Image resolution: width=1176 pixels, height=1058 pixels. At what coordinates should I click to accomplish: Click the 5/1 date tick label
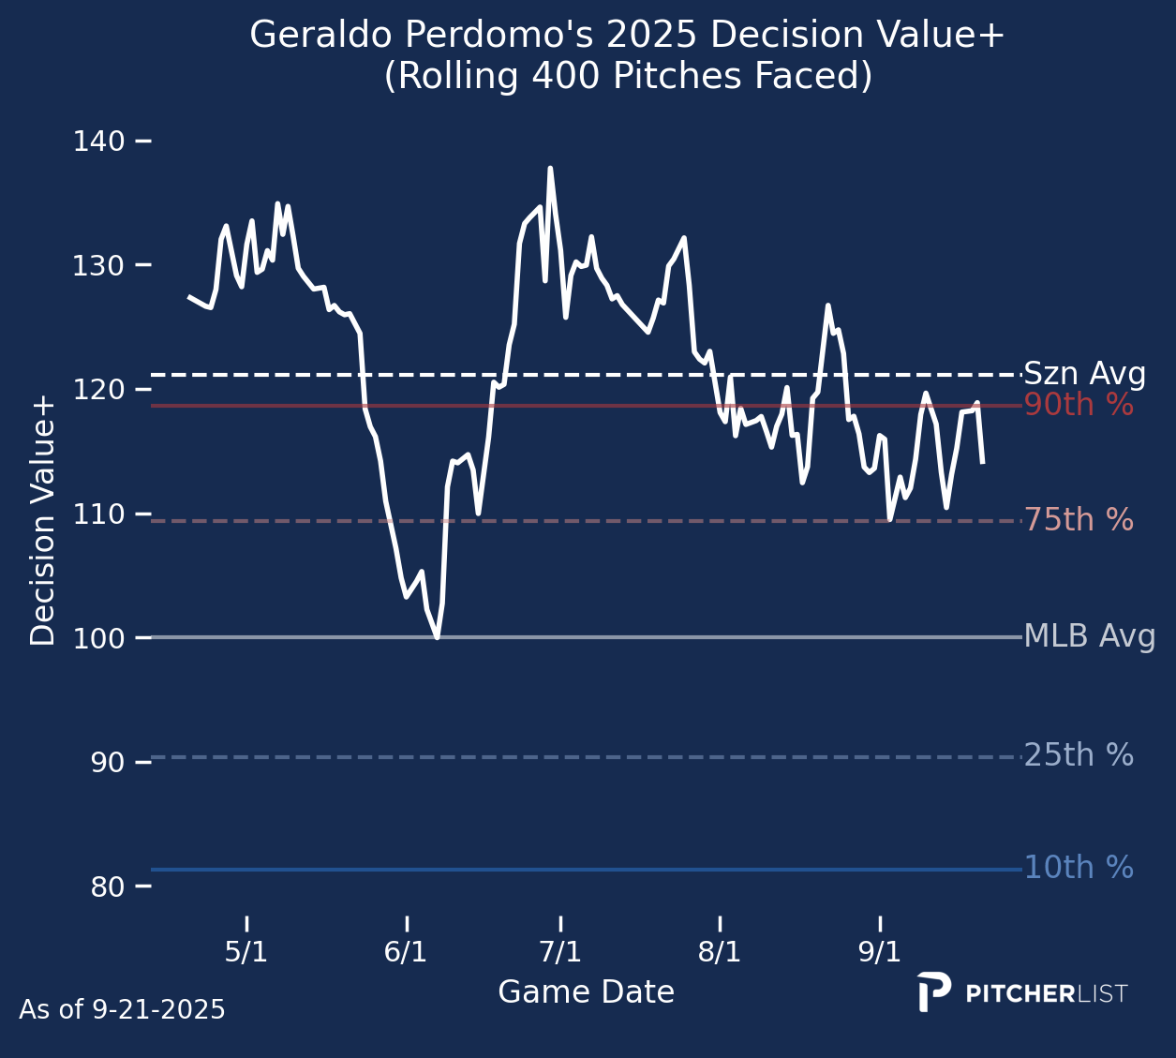click(x=246, y=953)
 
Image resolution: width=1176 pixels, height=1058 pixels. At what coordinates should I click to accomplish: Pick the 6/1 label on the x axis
click(x=406, y=953)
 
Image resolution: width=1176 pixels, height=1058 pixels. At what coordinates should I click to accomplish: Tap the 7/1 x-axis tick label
click(x=560, y=953)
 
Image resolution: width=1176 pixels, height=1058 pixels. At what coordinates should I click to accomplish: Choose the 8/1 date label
click(x=720, y=953)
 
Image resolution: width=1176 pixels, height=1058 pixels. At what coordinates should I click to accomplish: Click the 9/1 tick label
click(x=880, y=953)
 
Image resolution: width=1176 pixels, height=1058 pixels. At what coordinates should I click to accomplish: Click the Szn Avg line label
click(x=1084, y=375)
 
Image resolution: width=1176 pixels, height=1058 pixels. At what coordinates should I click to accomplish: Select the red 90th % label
click(x=1079, y=406)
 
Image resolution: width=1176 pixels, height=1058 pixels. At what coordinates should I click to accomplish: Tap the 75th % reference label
click(x=1079, y=520)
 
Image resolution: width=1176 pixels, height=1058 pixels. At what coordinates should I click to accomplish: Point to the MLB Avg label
click(x=1089, y=637)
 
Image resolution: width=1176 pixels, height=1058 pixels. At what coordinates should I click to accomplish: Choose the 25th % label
click(x=1079, y=755)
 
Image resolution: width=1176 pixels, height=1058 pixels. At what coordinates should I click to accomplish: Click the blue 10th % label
click(x=1079, y=868)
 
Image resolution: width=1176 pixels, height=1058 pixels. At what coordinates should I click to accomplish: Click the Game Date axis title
click(x=586, y=992)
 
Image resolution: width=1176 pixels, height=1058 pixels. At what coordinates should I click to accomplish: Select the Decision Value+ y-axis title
click(x=43, y=521)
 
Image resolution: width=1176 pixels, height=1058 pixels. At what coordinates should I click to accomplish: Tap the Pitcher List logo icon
click(x=933, y=992)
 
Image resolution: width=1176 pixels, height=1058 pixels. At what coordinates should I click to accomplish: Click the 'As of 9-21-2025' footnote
click(x=122, y=1010)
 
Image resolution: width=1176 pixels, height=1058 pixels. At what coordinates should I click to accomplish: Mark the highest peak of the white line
click(x=550, y=169)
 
